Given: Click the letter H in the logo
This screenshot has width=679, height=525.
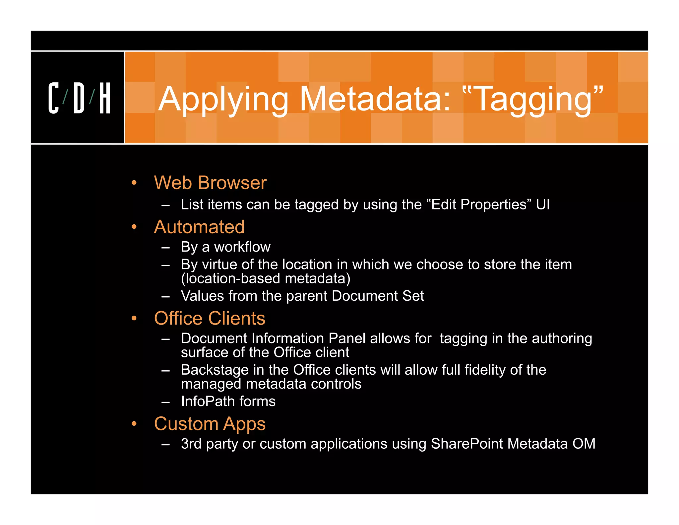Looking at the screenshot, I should click(x=105, y=98).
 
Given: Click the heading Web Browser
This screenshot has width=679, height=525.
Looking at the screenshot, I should click(x=210, y=183).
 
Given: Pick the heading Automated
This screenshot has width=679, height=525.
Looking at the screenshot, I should click(x=199, y=227).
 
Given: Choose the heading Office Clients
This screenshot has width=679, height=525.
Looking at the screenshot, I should click(x=210, y=319).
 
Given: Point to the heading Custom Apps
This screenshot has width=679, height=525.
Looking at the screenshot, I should click(x=210, y=424).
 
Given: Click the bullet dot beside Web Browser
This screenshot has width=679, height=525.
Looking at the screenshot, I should click(x=134, y=183).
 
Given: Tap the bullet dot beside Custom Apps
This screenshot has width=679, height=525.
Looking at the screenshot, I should click(x=134, y=424).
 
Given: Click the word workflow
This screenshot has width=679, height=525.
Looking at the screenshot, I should click(x=242, y=247).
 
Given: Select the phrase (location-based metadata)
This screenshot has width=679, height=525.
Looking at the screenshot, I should click(x=266, y=278).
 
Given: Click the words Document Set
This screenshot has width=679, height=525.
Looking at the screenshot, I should click(x=378, y=296).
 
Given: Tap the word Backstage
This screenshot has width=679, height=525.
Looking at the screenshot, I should click(x=215, y=370).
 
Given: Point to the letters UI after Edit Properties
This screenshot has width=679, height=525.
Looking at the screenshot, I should click(x=543, y=205).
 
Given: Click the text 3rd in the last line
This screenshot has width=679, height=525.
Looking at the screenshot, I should click(x=191, y=444).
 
